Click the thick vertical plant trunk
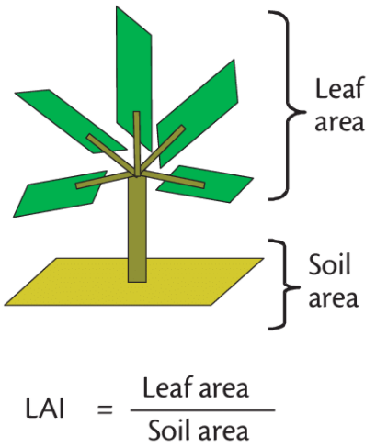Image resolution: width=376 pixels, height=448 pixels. coord(137,230)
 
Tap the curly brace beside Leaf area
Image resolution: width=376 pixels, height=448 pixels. coord(288,106)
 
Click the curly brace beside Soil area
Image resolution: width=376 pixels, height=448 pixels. coord(284,285)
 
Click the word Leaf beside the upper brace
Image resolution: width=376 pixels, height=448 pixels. coord(340,88)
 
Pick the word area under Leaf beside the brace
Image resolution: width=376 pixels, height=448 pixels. coord(339,123)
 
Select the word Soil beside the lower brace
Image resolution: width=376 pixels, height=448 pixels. coord(329,263)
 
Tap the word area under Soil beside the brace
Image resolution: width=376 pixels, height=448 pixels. coord(333,298)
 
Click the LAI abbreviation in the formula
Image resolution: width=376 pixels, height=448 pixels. coord(45,409)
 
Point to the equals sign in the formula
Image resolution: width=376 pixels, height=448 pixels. coord(105,409)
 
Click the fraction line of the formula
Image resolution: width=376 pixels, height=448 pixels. coord(202,410)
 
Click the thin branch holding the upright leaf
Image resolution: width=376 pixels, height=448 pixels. coord(137,144)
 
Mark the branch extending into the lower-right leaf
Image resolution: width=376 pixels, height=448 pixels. coord(173,179)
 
